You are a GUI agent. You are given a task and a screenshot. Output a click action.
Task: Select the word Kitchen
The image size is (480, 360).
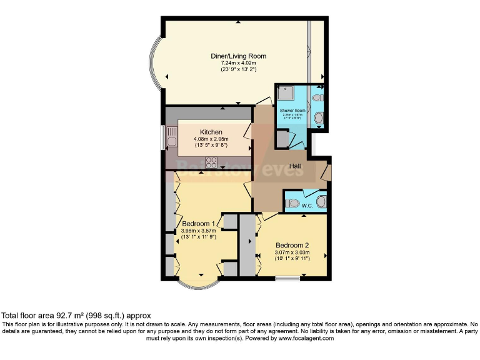211,132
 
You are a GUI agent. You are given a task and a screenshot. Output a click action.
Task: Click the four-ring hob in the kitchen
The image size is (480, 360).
211,162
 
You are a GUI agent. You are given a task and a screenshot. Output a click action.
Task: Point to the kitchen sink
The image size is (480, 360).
171,136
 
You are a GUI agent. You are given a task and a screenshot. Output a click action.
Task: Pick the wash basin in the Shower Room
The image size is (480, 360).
319,117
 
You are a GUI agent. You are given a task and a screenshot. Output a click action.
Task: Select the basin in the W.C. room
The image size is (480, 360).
321,201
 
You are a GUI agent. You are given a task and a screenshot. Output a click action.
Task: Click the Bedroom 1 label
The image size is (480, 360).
199,224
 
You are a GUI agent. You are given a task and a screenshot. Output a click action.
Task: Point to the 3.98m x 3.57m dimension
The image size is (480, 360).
199,231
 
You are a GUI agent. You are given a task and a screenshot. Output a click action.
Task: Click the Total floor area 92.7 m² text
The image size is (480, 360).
76,316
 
